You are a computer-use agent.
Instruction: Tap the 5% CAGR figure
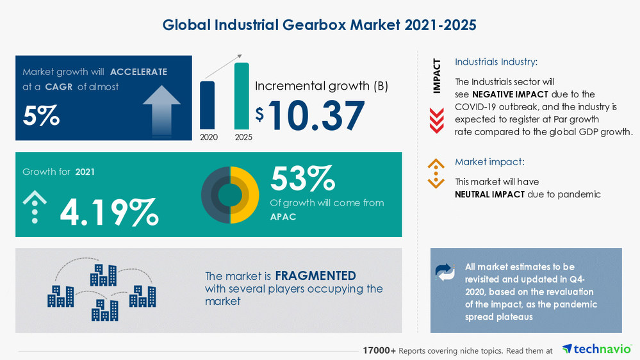pos(41,115)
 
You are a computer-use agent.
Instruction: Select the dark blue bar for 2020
pos(208,105)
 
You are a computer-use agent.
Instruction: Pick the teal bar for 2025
pos(242,95)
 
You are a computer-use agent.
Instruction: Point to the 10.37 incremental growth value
pos(316,115)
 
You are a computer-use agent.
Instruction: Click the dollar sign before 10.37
pos(259,114)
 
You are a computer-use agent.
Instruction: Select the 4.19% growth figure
pos(109,212)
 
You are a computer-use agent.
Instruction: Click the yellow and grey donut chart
pos(230,195)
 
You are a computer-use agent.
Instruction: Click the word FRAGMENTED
pos(315,276)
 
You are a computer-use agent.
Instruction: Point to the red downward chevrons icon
pos(436,120)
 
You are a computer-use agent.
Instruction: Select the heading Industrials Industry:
pos(496,62)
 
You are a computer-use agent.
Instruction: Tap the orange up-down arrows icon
pos(436,173)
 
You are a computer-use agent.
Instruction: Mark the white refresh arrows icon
pos(445,272)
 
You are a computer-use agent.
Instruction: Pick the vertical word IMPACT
pos(437,76)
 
